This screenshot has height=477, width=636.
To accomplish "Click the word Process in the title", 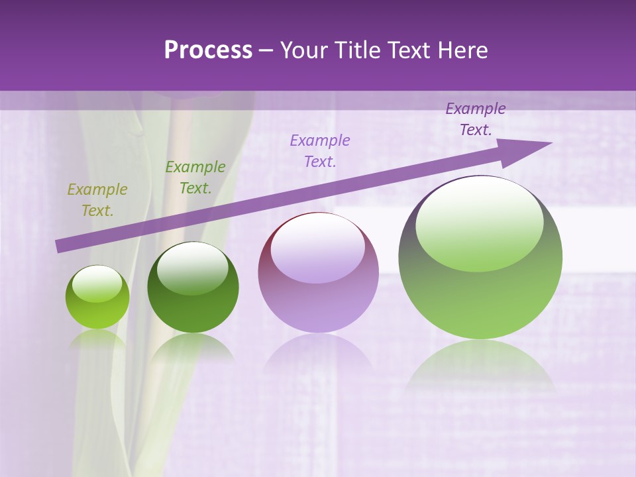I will coord(208,50).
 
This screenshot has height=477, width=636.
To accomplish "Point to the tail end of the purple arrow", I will coord(60,246).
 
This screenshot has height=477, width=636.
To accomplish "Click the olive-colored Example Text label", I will coord(97,199).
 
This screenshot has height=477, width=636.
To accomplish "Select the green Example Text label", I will coord(195,177).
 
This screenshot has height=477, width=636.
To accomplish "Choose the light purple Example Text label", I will coord(320,150).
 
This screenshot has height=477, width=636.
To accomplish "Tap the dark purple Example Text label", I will coord(476,119).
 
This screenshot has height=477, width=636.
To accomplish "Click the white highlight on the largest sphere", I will coord(479,222).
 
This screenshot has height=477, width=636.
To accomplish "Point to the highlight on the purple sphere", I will coord(317,246).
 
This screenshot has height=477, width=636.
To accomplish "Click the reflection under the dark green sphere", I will coord(192,348).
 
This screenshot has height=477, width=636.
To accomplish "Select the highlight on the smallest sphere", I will coord(97,284).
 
